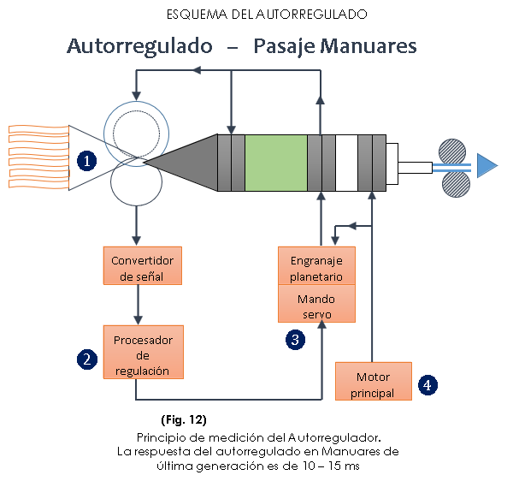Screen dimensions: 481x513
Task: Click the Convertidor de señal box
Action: tap(143, 266)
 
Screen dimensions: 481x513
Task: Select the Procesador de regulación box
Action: tap(143, 352)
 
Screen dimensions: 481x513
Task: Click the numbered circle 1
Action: tap(85, 159)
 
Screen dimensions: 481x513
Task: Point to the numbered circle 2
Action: tap(85, 359)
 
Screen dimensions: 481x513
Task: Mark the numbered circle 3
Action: tap(295, 339)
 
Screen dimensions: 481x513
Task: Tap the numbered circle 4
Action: tap(427, 385)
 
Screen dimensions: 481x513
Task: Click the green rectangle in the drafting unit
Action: tap(275, 163)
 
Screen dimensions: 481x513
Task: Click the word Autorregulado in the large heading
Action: tap(139, 45)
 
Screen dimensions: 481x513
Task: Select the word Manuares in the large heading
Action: tap(369, 45)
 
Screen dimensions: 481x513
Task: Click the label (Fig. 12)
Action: tap(184, 420)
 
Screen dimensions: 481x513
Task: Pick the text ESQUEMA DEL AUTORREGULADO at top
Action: tap(256, 15)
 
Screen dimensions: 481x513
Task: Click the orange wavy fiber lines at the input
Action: tap(38, 155)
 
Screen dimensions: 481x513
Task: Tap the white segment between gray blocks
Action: tap(345, 163)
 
